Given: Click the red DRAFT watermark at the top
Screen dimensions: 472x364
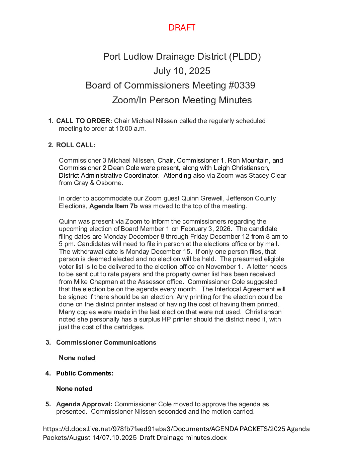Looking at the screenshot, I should (x=182, y=27).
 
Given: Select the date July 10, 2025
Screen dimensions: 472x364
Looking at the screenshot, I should (x=182, y=71).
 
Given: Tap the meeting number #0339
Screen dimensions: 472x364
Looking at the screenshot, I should (x=242, y=85).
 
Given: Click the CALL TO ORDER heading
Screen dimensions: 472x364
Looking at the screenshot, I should (x=84, y=121).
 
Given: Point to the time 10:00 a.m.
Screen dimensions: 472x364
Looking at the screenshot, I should (x=131, y=129).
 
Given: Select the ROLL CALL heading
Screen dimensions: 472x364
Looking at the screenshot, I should (x=76, y=145).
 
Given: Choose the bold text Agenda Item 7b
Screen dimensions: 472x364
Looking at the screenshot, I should (x=113, y=206).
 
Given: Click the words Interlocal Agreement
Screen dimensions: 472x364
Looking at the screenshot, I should (x=245, y=289).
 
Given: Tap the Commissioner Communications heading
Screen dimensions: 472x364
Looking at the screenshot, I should (x=106, y=343).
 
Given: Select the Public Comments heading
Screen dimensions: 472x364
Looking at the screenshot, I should (x=85, y=373).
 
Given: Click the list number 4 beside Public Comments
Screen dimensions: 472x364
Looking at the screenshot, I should (x=48, y=373).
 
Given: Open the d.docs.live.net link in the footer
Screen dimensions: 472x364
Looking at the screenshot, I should (x=176, y=429).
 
